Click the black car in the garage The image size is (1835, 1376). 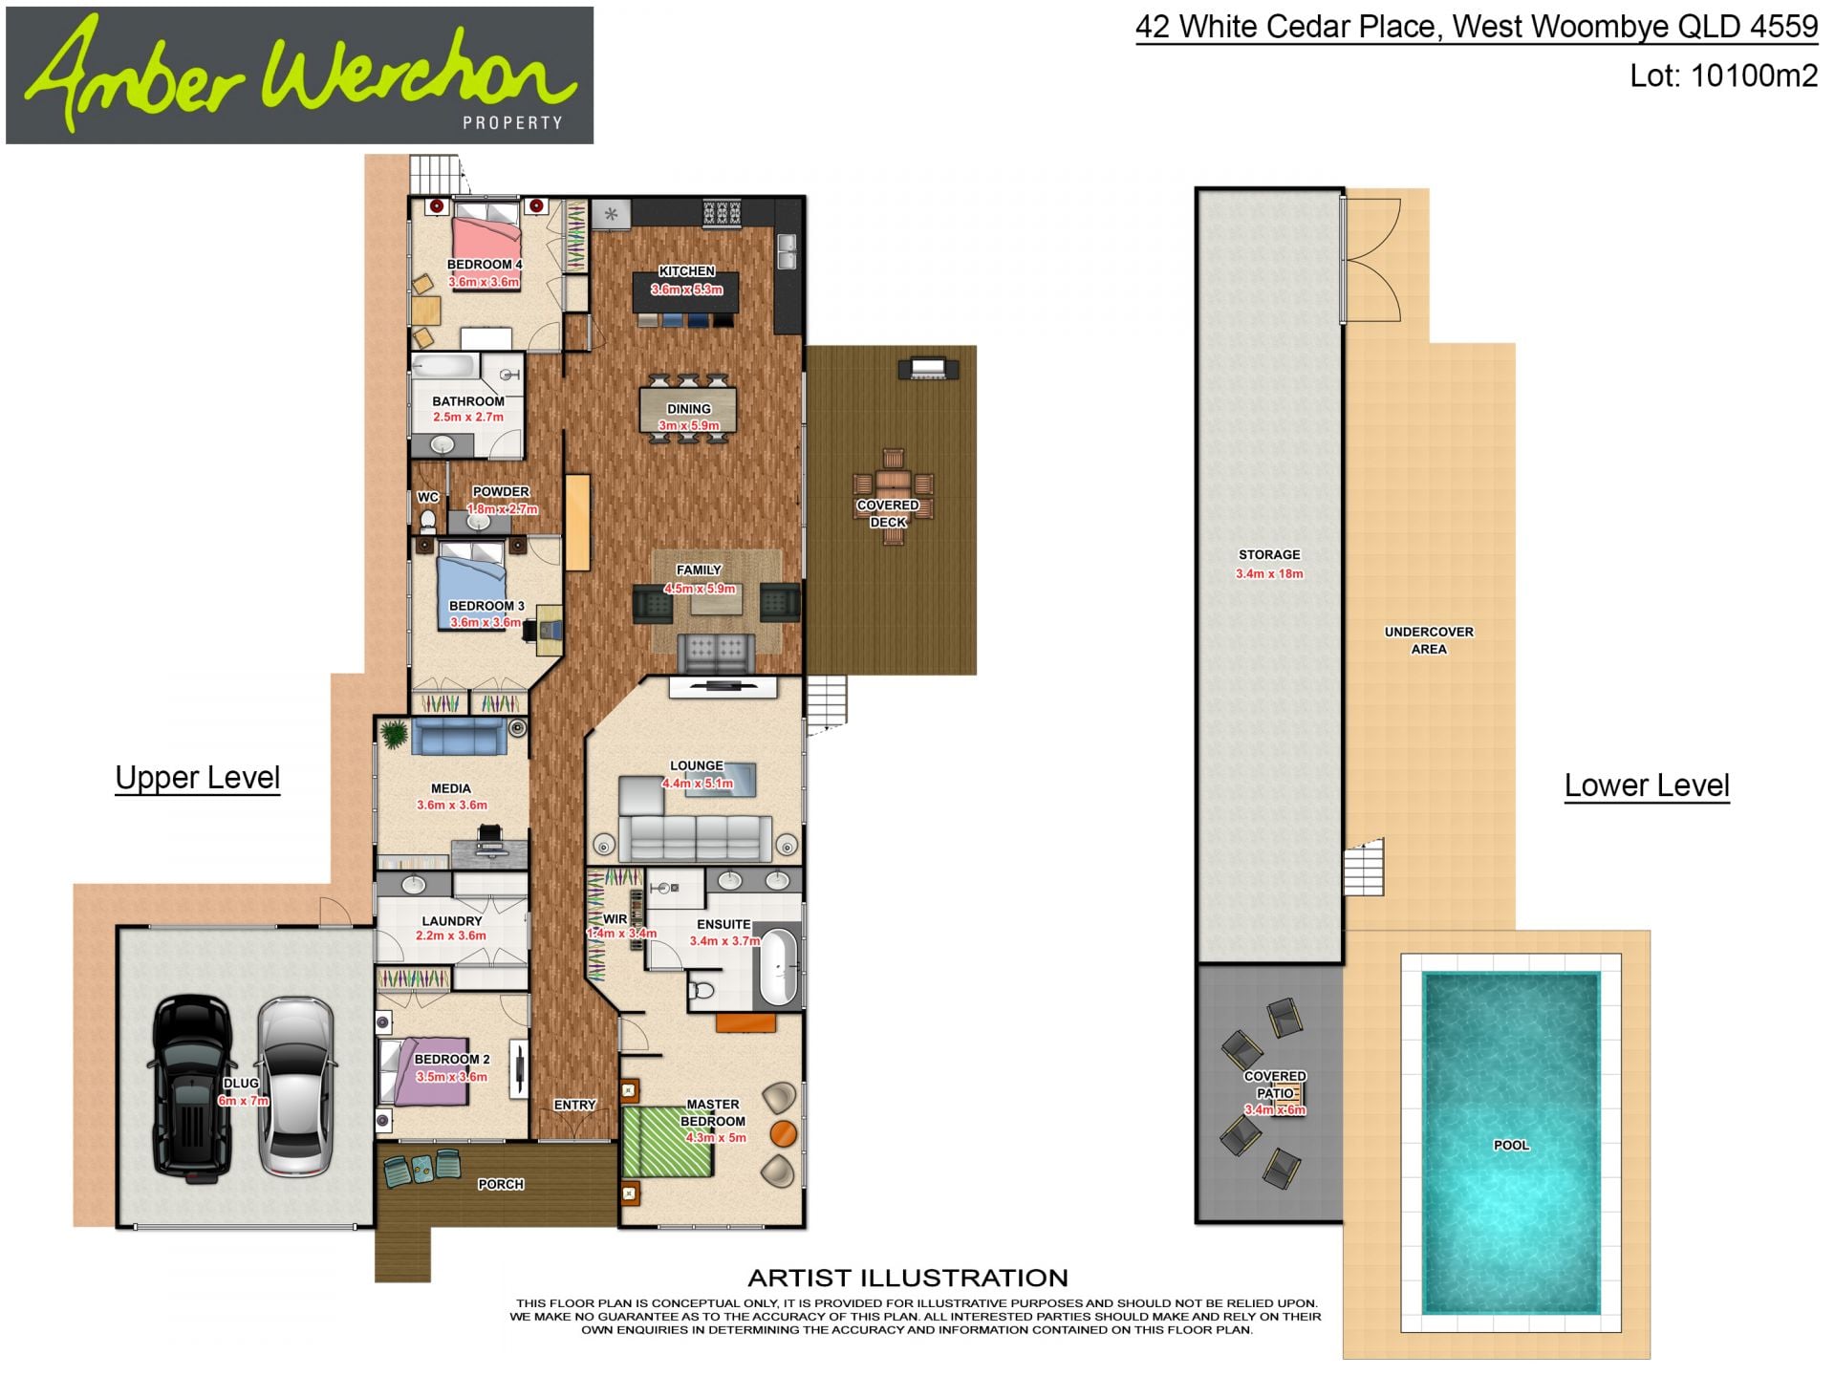(191, 1088)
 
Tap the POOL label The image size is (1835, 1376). (1511, 1145)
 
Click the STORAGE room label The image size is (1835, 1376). (1269, 554)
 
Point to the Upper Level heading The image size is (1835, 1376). (198, 778)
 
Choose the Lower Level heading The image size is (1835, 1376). (1647, 785)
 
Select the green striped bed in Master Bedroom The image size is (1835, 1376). (667, 1141)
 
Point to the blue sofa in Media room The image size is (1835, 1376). (459, 737)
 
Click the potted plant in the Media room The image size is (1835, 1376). (393, 734)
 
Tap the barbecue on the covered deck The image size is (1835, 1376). (927, 368)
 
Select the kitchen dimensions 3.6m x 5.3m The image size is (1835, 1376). (687, 290)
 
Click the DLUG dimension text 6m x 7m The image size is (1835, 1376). (244, 1101)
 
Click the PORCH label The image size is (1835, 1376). (501, 1184)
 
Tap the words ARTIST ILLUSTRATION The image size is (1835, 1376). (908, 1278)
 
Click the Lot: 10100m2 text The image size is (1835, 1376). (1723, 75)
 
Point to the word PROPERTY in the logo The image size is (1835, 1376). (512, 122)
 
